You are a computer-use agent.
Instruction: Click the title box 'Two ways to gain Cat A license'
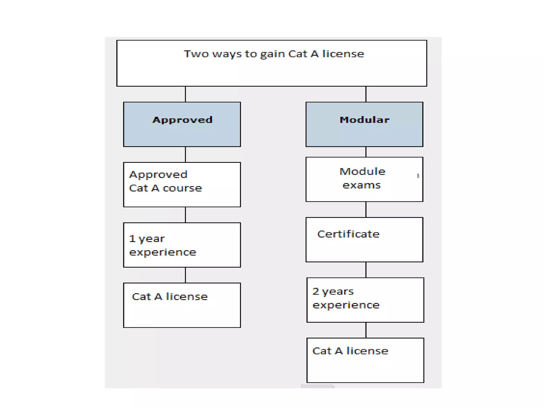271,63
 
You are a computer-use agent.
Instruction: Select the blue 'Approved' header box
182,124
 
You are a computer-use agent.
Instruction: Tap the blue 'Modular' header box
364,124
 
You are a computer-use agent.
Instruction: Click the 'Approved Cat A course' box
182,185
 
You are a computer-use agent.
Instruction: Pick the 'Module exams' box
364,179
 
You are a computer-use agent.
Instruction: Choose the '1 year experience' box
182,245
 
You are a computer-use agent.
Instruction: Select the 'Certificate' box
364,240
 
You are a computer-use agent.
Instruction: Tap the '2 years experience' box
365,300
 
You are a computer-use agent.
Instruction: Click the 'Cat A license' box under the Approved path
182,305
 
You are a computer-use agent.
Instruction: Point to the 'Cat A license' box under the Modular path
365,360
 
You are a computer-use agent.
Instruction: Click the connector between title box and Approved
185,94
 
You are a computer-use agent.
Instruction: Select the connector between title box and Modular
366,94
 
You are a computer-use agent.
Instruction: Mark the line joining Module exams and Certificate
366,210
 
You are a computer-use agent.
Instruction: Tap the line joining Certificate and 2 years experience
366,270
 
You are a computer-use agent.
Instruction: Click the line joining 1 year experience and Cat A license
185,275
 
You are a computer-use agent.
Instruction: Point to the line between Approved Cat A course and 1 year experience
185,215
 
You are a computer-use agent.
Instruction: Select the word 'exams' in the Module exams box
362,185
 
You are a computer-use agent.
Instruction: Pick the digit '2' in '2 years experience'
316,291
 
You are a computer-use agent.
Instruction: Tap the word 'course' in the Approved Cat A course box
182,188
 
